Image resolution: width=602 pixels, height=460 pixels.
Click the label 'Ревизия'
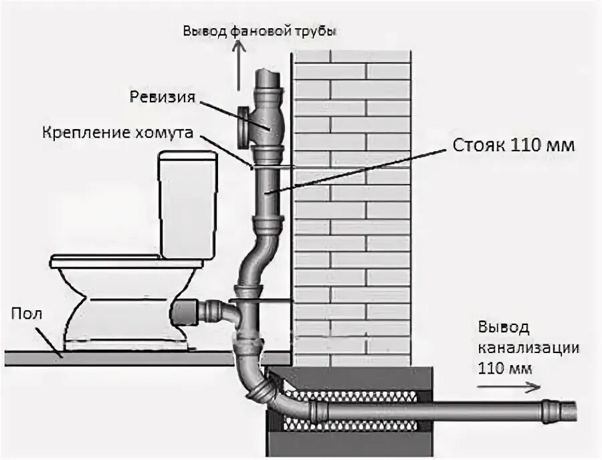pyautogui.click(x=163, y=98)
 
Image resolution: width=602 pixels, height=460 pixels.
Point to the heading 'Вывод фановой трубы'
pyautogui.click(x=258, y=31)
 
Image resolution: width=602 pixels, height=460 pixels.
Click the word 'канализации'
pyautogui.click(x=528, y=348)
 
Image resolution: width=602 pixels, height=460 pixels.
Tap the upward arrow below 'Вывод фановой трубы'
pyautogui.click(x=237, y=70)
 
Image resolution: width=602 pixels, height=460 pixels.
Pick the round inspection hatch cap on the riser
pyautogui.click(x=243, y=126)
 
